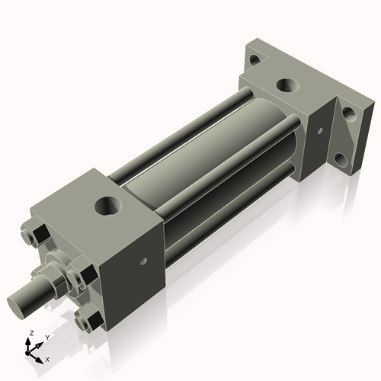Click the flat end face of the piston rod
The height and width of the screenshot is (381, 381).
tap(21, 303)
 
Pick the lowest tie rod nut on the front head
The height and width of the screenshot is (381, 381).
tap(90, 318)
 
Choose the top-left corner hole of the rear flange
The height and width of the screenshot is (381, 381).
tap(255, 56)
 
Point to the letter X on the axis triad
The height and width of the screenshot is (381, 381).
tap(48, 358)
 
